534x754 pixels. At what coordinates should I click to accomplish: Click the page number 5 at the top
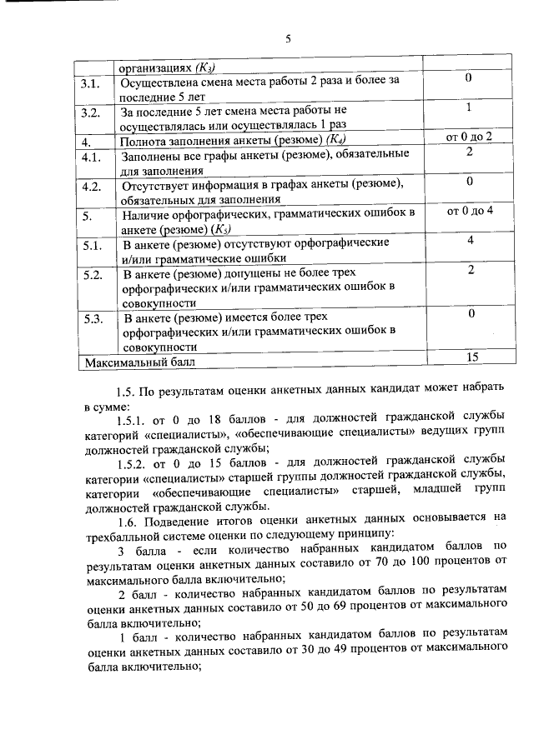[288, 39]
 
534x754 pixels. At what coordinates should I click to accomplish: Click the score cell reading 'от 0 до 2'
[470, 136]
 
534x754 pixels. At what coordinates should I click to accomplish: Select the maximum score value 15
[471, 357]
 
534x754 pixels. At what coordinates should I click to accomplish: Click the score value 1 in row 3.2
[470, 107]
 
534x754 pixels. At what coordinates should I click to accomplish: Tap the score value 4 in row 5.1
[471, 240]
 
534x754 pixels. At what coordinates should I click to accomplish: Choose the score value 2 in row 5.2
[471, 269]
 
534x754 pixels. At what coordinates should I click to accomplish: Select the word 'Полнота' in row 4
[144, 140]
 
